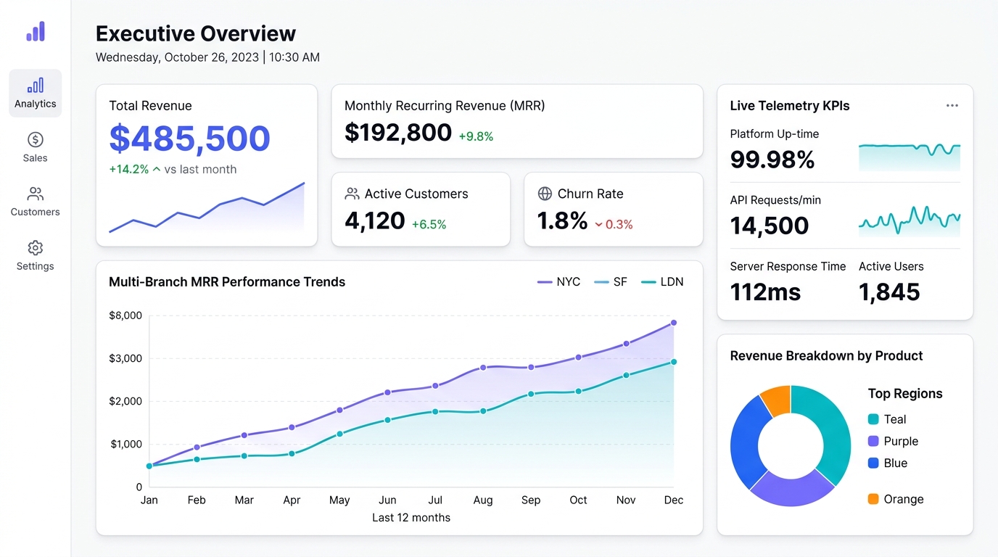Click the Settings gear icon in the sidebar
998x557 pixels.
(x=36, y=248)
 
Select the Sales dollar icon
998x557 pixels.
(x=36, y=139)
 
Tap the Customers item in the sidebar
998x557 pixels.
(x=36, y=202)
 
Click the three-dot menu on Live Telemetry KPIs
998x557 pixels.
(x=952, y=106)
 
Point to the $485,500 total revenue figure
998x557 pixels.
(x=190, y=138)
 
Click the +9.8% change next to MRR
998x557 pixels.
(x=476, y=136)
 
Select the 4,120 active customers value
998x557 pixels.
(x=375, y=220)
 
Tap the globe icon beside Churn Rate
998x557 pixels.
(x=545, y=194)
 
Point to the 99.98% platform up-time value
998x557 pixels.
(x=772, y=159)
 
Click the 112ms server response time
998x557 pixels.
(x=765, y=292)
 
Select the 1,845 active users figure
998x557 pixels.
(x=889, y=292)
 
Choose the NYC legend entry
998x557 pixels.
(x=558, y=281)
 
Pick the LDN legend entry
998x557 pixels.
(x=662, y=281)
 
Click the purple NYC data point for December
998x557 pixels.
(x=674, y=323)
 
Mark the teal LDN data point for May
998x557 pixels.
(x=339, y=434)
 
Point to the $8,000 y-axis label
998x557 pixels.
(x=125, y=315)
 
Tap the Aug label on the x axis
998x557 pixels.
(x=483, y=500)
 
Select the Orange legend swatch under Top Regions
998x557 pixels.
(x=873, y=499)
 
